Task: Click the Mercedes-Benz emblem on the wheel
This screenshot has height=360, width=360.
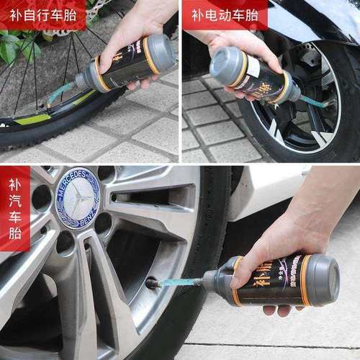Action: coord(77,197)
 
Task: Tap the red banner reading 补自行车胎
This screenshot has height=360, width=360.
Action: coord(43,14)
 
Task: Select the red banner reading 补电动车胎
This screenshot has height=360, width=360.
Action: coord(223,14)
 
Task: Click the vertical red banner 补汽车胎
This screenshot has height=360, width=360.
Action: coord(14,209)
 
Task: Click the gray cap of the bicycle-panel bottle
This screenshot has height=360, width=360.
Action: coord(160,52)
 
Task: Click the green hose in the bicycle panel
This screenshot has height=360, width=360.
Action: coord(61,91)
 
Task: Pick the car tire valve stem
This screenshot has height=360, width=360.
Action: coord(153,283)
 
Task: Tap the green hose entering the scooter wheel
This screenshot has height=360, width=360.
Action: coord(313,101)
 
